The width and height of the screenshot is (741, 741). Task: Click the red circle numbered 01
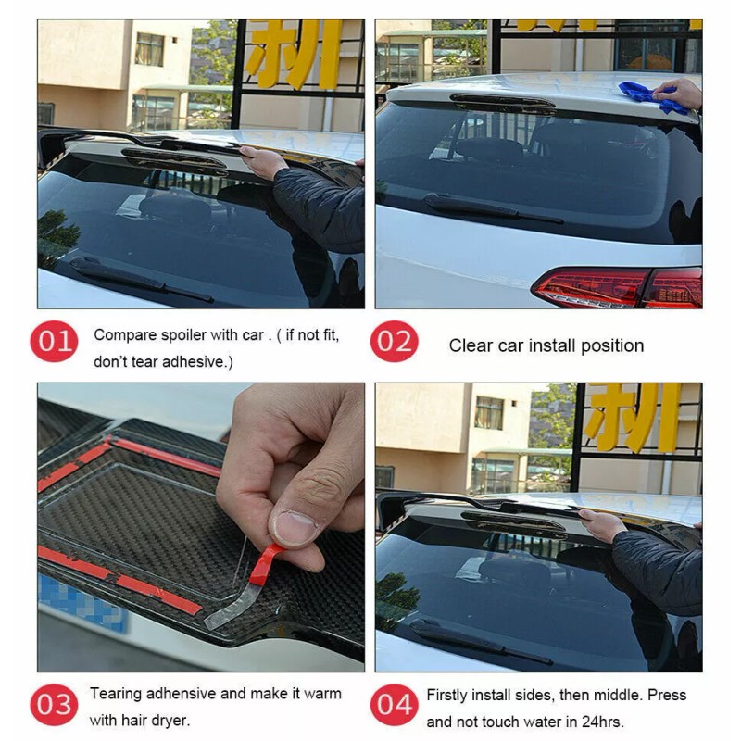pos(54,341)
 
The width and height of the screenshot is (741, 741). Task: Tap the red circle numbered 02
pos(395,341)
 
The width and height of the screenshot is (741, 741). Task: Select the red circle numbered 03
pos(54,705)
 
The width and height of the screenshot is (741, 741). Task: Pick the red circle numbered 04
pos(395,705)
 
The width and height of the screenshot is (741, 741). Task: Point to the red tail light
pos(618,287)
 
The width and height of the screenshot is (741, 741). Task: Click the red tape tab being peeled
pos(264,565)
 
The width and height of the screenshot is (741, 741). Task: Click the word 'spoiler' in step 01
pos(183,335)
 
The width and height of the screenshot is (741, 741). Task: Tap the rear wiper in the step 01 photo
pos(141,280)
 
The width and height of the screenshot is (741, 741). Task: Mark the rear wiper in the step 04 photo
pos(481,642)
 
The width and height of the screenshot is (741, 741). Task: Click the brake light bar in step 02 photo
pos(502,103)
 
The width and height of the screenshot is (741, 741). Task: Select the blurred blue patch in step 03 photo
pos(82,603)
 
